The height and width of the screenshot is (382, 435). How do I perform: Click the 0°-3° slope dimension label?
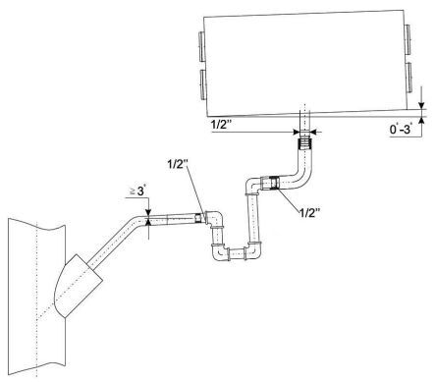[x=400, y=129]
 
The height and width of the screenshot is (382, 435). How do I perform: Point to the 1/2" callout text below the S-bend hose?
[x=309, y=213]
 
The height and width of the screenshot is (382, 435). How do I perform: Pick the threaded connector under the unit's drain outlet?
[x=305, y=143]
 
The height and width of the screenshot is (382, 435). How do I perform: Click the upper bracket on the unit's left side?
[x=201, y=47]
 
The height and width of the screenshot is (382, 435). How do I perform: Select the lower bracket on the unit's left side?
[x=202, y=84]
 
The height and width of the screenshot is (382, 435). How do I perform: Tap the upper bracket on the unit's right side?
[x=408, y=39]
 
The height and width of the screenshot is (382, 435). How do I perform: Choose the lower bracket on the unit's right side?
[x=409, y=78]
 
